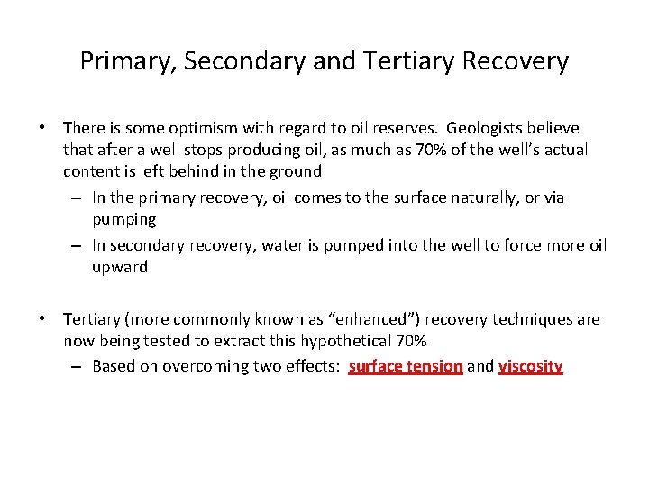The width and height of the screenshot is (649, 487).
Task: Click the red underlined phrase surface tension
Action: tap(406, 366)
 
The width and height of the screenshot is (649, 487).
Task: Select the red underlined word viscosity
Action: tap(530, 366)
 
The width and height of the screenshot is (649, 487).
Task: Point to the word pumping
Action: tap(123, 219)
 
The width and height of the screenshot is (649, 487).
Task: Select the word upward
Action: tap(119, 268)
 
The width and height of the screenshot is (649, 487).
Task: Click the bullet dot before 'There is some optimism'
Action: tap(43, 129)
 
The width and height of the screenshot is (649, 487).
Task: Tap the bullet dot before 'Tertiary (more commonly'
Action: tap(43, 320)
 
